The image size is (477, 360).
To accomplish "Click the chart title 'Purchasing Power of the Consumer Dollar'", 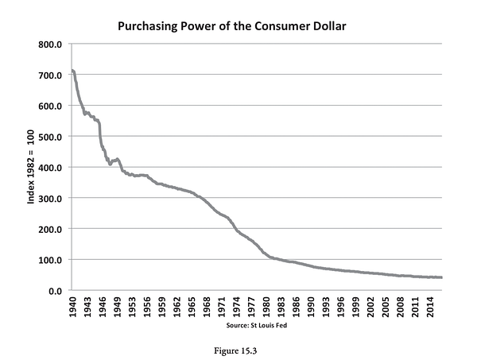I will click(x=232, y=25).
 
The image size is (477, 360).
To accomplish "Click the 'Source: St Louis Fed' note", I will click(x=256, y=324).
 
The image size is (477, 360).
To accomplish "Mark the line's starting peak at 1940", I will click(x=72, y=71).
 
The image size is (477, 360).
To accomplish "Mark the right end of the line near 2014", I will click(x=442, y=277).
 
